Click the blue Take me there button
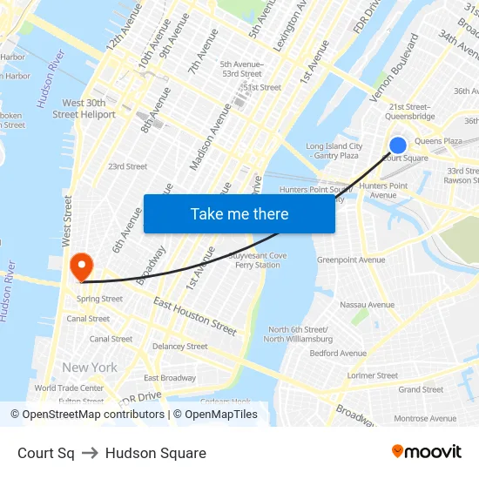(239, 213)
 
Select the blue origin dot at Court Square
(398, 145)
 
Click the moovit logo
(426, 452)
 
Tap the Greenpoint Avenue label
(350, 260)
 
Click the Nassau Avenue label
(367, 305)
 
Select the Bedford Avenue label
(338, 354)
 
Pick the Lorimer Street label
(372, 376)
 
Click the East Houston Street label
(195, 315)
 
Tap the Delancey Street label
(179, 346)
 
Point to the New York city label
(89, 368)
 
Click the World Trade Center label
(69, 388)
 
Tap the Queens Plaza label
(438, 141)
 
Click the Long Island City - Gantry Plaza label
(334, 151)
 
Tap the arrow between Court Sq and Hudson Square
(90, 453)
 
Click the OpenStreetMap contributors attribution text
(87, 415)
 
